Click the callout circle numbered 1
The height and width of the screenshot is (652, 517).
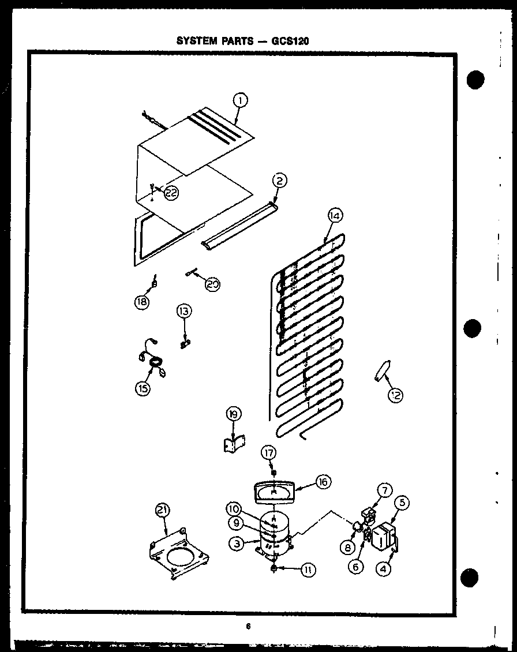coord(240,101)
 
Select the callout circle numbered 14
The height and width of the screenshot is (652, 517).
coord(335,216)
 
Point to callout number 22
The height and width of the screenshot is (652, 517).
coord(171,193)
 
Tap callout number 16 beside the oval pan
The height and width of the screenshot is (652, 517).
coord(324,482)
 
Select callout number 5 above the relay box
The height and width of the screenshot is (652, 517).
coord(403,502)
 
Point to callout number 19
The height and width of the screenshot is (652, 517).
coord(234,415)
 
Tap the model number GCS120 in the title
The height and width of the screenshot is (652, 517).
coord(294,41)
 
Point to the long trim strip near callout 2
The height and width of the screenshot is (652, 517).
coord(238,226)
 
